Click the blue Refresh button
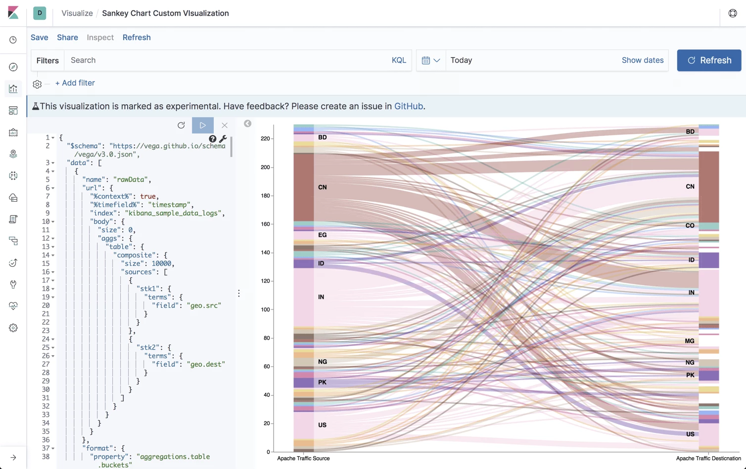[708, 60]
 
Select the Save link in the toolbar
[40, 38]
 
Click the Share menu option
[67, 38]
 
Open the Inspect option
[100, 38]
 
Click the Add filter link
[75, 83]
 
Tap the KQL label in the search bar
[399, 60]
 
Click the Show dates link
[642, 60]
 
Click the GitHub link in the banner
[408, 106]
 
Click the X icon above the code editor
[225, 126]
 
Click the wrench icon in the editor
[223, 139]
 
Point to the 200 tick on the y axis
[266, 168]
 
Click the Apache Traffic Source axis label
[303, 459]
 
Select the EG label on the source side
[323, 235]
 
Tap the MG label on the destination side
[689, 341]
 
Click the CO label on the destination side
[690, 225]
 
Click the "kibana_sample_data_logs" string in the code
[174, 213]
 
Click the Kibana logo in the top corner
[13, 13]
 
